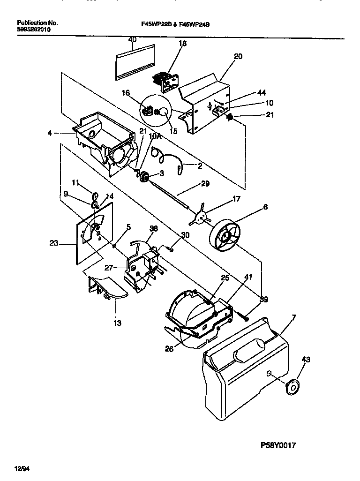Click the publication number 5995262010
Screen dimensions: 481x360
34,29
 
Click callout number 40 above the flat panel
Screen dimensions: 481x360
132,40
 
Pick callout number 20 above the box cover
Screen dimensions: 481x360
238,56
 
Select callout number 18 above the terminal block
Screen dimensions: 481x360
182,43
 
